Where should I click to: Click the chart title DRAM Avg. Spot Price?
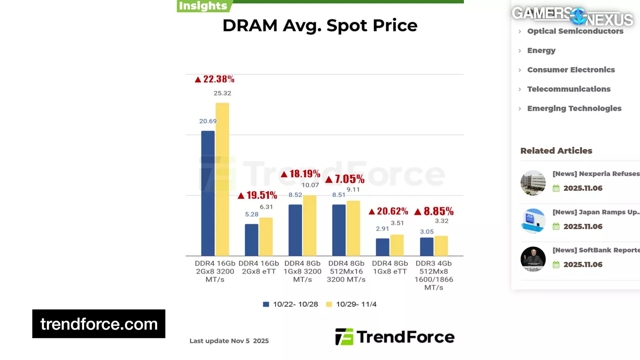(320, 26)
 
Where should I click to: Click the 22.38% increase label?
(215, 79)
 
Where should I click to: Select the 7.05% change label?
(345, 179)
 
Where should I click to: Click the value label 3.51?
(397, 223)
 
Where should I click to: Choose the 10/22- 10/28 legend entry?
(290, 304)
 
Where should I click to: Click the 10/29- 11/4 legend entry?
(352, 304)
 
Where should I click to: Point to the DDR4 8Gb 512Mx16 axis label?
(346, 271)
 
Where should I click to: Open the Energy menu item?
(541, 50)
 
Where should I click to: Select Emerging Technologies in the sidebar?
(574, 108)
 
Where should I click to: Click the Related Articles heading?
(556, 151)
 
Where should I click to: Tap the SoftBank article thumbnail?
(533, 259)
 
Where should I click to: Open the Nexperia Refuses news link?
(596, 174)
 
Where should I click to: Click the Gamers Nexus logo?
(572, 16)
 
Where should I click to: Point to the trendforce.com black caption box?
(99, 324)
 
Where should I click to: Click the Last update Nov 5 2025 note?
(229, 341)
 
